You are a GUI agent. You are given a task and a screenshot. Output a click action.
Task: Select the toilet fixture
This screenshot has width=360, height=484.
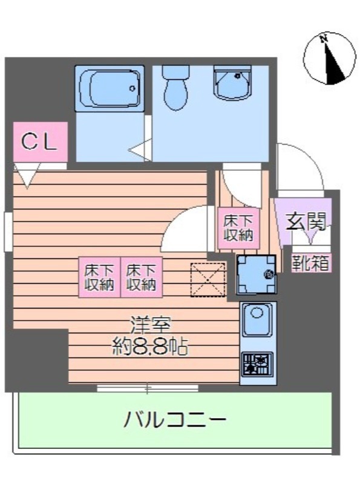(177, 88)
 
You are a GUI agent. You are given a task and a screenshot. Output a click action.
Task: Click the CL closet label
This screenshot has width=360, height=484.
(39, 142)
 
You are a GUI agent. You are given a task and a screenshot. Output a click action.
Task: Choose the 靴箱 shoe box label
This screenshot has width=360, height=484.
(311, 264)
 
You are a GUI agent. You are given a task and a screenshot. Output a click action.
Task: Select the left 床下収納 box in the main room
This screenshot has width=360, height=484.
(99, 278)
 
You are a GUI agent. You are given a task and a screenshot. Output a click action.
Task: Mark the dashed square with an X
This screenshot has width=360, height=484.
(208, 280)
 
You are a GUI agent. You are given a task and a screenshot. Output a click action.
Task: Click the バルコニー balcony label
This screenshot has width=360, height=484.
(175, 419)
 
